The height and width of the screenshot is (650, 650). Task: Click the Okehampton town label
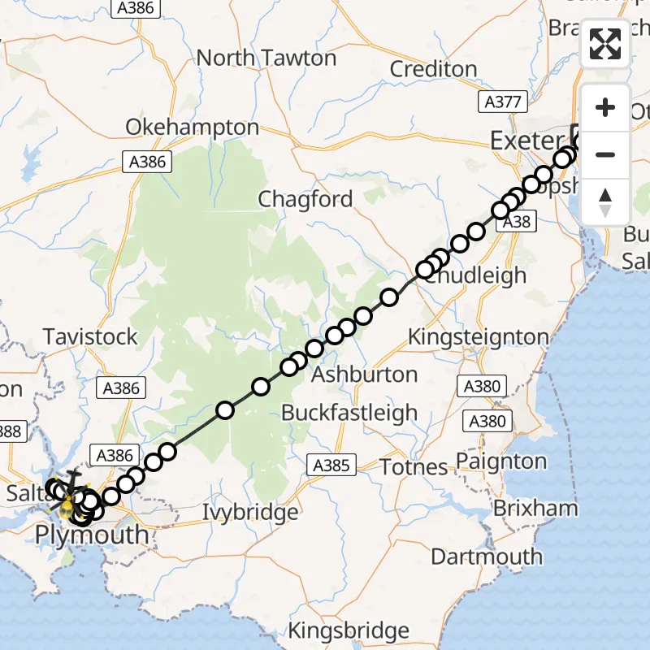click(x=192, y=128)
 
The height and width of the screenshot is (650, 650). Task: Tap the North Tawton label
click(x=266, y=58)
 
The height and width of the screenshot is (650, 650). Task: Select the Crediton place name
click(x=433, y=69)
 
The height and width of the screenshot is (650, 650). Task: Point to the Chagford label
click(x=305, y=199)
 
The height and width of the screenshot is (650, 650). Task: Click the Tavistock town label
click(x=90, y=336)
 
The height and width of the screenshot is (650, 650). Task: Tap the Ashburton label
click(x=365, y=375)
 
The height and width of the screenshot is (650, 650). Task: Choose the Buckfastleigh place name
click(x=349, y=413)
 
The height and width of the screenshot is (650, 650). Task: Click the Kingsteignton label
click(x=478, y=336)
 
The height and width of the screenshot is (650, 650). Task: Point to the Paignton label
click(x=501, y=461)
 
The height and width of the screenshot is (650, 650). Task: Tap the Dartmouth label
click(x=487, y=557)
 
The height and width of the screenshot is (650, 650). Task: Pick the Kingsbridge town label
click(x=349, y=630)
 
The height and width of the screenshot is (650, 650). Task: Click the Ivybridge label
click(x=250, y=513)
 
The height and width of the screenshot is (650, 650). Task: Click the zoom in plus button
click(x=604, y=108)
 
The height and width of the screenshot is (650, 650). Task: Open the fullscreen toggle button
click(x=604, y=44)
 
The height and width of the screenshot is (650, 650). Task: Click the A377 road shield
click(x=503, y=102)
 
